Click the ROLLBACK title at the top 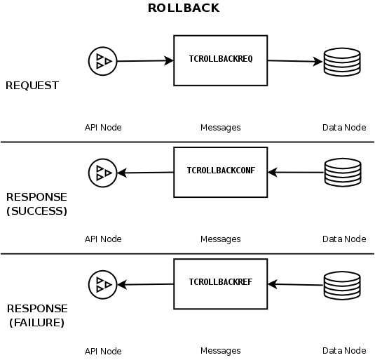click(x=184, y=8)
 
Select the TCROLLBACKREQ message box click(x=220, y=60)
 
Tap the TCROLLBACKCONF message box click(x=220, y=171)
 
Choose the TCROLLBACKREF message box click(x=220, y=283)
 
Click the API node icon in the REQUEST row click(x=102, y=62)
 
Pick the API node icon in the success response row click(x=102, y=172)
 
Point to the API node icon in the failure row click(x=102, y=284)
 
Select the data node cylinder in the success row click(x=341, y=173)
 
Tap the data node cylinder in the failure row click(x=341, y=284)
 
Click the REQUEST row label click(x=32, y=86)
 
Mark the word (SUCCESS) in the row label click(x=36, y=211)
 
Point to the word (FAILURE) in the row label click(x=36, y=323)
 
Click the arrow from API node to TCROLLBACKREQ click(x=144, y=61)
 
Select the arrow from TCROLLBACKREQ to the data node click(x=294, y=61)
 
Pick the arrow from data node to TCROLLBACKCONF click(x=295, y=172)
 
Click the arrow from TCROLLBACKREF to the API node click(x=145, y=284)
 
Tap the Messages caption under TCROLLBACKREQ click(x=220, y=128)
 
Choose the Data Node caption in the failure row click(x=343, y=351)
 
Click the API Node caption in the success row click(x=103, y=239)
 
